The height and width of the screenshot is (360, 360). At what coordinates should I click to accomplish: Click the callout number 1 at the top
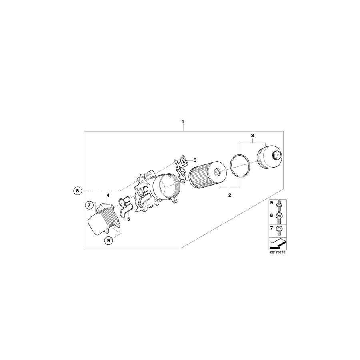pyautogui.click(x=183, y=121)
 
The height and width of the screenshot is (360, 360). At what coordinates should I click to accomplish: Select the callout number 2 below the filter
pyautogui.click(x=230, y=195)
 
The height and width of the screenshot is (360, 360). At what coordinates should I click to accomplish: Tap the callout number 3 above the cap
pyautogui.click(x=252, y=136)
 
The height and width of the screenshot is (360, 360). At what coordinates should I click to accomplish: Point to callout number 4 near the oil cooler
pyautogui.click(x=108, y=195)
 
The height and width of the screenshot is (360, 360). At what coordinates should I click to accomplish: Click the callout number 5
pyautogui.click(x=128, y=219)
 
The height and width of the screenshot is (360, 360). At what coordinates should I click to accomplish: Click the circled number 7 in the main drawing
pyautogui.click(x=90, y=205)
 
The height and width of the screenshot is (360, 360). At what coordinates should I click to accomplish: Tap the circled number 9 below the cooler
pyautogui.click(x=108, y=240)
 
